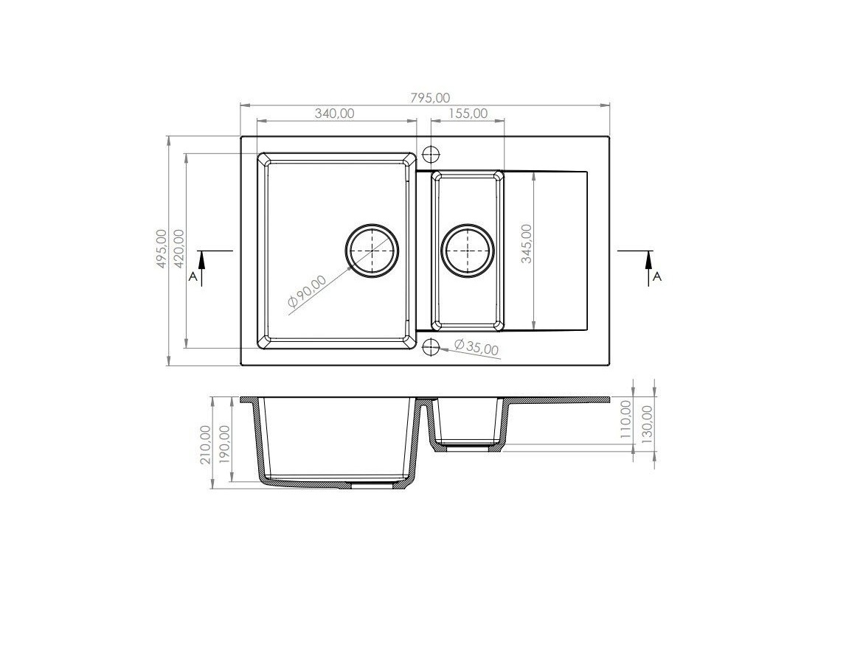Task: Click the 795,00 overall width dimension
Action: click(x=431, y=98)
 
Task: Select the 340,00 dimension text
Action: click(x=335, y=113)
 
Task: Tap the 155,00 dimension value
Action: click(x=468, y=113)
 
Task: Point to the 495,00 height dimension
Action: click(x=162, y=249)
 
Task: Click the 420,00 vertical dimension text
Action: click(x=179, y=249)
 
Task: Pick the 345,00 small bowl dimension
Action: click(x=527, y=243)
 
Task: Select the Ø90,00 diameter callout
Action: click(x=307, y=294)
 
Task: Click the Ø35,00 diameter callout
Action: click(x=476, y=347)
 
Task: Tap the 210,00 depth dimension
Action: click(x=205, y=444)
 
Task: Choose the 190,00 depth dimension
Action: click(x=224, y=444)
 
